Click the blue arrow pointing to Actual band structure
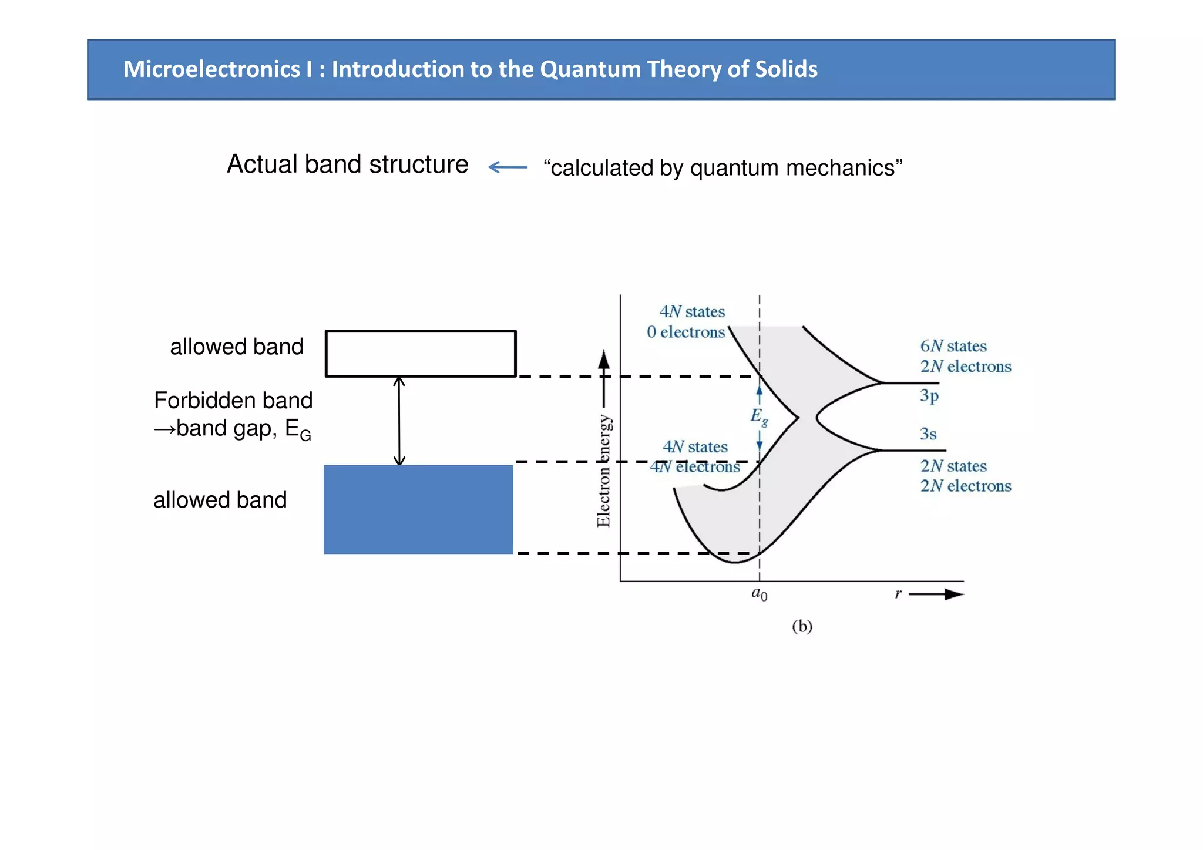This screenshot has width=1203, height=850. (x=508, y=167)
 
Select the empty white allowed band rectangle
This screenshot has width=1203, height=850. (x=421, y=354)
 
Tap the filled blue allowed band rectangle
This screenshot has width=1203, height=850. (x=418, y=509)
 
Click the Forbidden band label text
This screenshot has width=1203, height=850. (x=233, y=401)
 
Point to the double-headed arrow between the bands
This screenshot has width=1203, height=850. (x=399, y=421)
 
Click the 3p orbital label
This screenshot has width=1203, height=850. (x=929, y=396)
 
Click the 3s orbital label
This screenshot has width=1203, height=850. (x=928, y=434)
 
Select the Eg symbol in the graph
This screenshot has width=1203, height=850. (x=758, y=416)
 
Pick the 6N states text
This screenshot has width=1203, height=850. (x=953, y=346)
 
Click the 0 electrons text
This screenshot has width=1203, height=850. (x=685, y=332)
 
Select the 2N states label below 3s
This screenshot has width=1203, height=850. (x=953, y=466)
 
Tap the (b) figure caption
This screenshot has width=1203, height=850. (x=802, y=626)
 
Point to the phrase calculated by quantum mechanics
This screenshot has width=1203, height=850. (x=723, y=168)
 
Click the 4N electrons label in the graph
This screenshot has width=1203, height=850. (x=695, y=467)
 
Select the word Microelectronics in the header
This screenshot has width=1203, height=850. (x=211, y=69)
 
